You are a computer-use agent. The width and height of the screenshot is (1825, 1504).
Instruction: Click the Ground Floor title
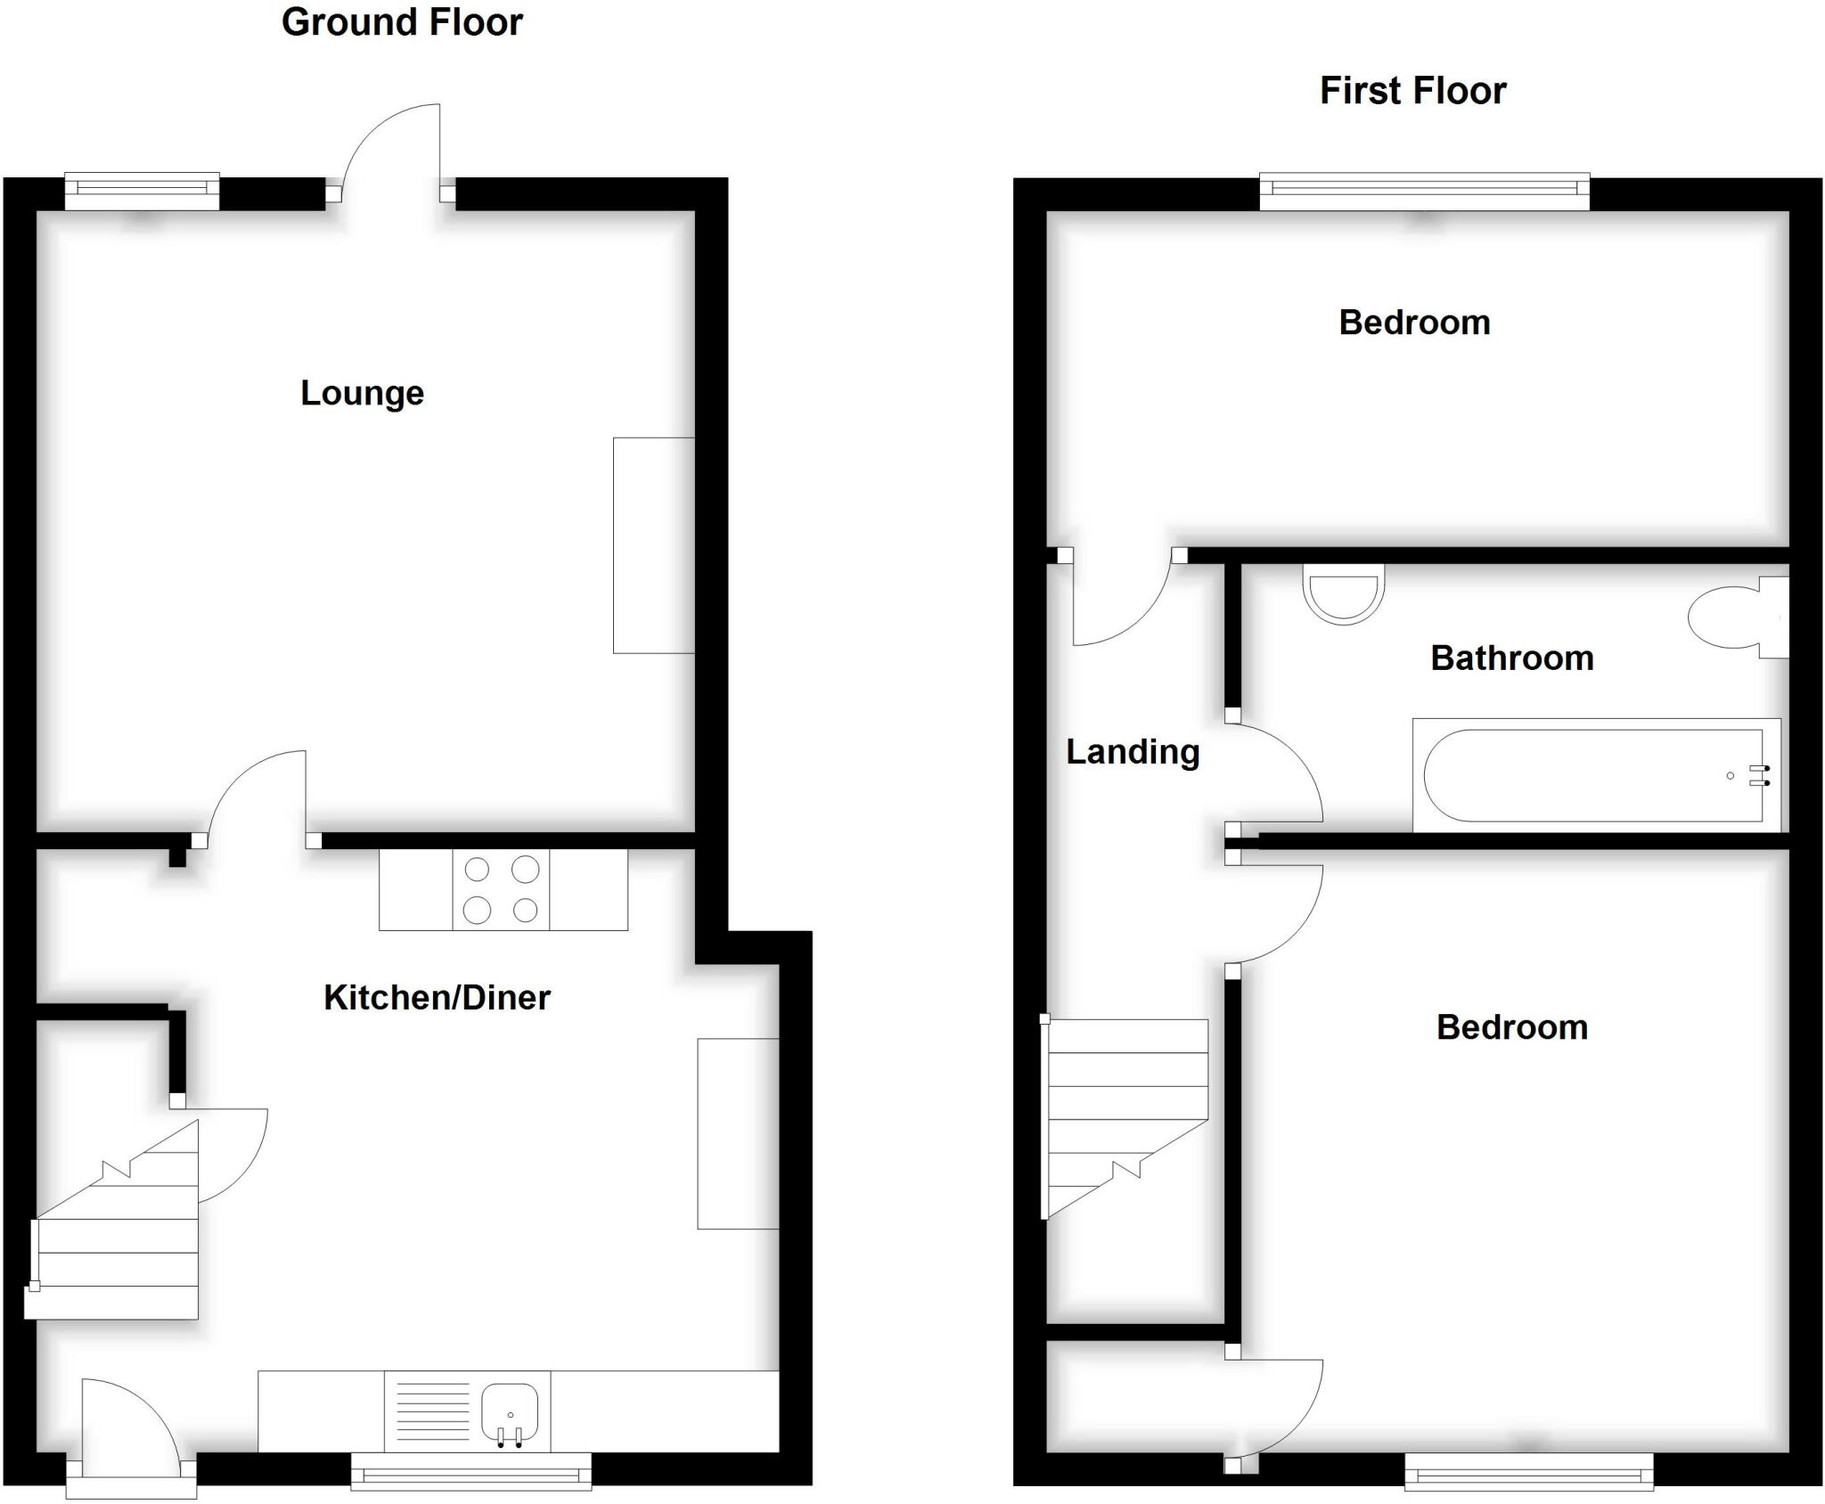click(x=402, y=23)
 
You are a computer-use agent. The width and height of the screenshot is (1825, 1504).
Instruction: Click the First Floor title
click(x=1412, y=91)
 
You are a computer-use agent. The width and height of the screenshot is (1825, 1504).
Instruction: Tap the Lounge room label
click(x=362, y=393)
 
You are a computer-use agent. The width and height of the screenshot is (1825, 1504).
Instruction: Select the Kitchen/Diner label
click(x=437, y=997)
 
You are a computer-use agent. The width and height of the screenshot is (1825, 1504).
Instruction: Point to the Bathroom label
click(x=1512, y=658)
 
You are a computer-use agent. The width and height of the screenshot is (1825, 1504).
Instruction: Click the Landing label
click(x=1133, y=752)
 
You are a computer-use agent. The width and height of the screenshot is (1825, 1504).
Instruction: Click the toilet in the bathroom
click(x=1738, y=617)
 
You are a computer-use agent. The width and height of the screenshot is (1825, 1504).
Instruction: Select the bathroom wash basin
click(x=1344, y=593)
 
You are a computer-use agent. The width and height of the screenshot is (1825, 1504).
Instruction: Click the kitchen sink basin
click(x=510, y=1413)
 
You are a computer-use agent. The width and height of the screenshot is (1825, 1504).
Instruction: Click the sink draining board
click(x=432, y=1412)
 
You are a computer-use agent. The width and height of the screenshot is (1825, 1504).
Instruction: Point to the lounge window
click(x=143, y=191)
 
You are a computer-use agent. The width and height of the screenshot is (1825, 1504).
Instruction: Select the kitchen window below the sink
click(x=471, y=1471)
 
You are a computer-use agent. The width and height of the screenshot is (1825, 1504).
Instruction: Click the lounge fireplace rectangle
click(x=653, y=545)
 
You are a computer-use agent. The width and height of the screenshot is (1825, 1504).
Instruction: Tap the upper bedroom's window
click(x=1424, y=191)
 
